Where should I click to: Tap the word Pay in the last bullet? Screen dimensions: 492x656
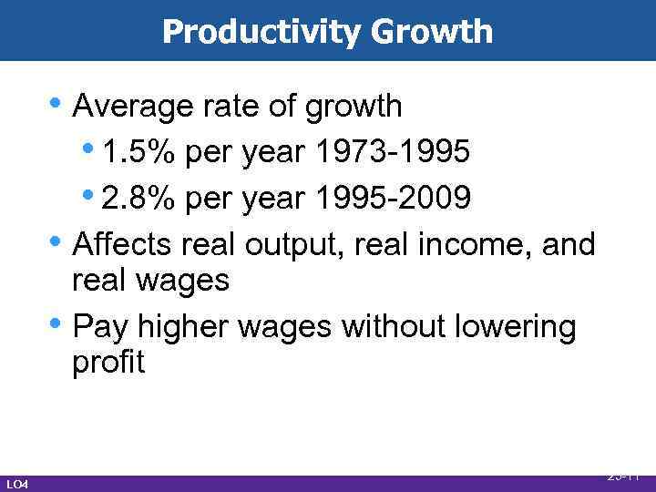pyautogui.click(x=98, y=325)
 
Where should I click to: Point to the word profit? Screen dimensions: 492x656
pyautogui.click(x=108, y=362)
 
